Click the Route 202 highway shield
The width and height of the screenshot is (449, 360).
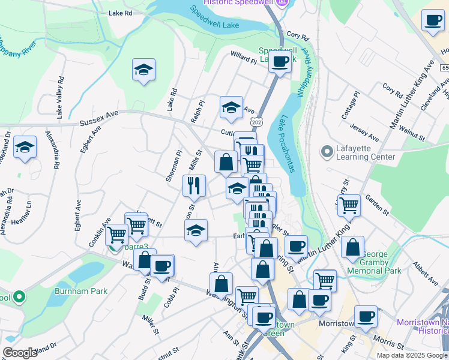pyautogui.click(x=257, y=122)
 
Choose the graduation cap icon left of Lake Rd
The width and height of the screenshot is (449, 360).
pyautogui.click(x=143, y=70)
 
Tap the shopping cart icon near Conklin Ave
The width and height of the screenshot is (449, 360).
pyautogui.click(x=116, y=233)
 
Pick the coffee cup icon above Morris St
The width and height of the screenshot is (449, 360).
pyautogui.click(x=365, y=317)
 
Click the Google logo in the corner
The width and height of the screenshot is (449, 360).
pyautogui.click(x=20, y=353)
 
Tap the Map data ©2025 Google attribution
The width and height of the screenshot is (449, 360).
pyautogui.click(x=411, y=355)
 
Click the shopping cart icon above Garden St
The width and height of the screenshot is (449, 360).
pyautogui.click(x=348, y=205)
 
